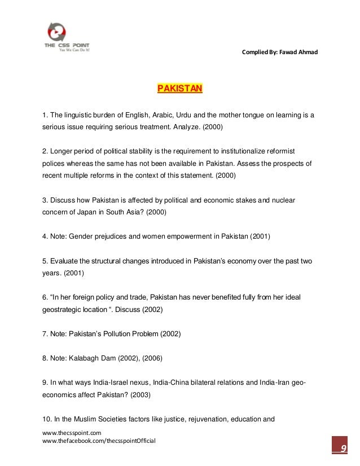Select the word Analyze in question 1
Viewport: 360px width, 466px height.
tap(184, 128)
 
